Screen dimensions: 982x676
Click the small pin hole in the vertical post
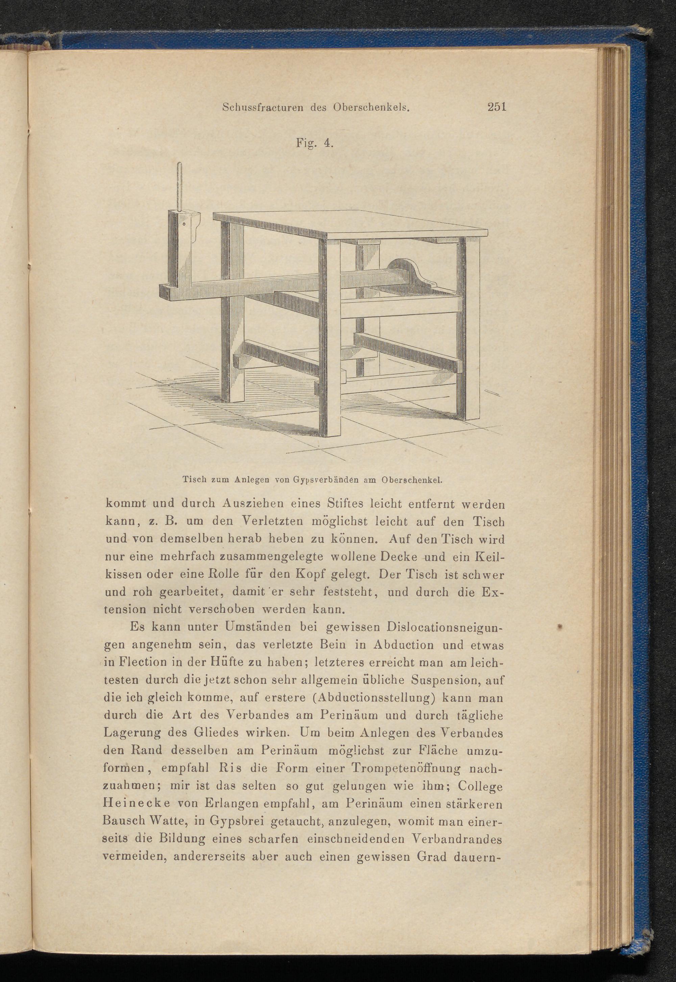185,224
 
